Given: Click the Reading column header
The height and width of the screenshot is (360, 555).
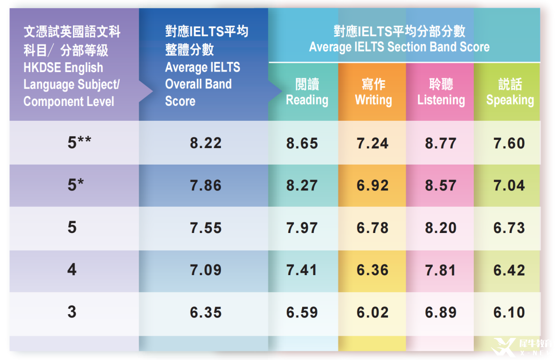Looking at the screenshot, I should pyautogui.click(x=307, y=93).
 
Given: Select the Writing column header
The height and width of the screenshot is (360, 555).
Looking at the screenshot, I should pyautogui.click(x=373, y=93).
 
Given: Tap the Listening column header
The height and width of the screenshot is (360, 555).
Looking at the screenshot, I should pyautogui.click(x=441, y=93).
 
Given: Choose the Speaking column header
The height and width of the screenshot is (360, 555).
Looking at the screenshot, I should pyautogui.click(x=510, y=93).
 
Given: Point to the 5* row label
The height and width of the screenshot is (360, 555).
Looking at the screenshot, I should pyautogui.click(x=75, y=185).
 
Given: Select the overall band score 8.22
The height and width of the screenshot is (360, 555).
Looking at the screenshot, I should pyautogui.click(x=206, y=143).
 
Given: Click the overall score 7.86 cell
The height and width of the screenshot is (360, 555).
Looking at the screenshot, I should pyautogui.click(x=206, y=185).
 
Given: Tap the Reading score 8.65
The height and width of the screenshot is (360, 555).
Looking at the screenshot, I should pyautogui.click(x=302, y=143).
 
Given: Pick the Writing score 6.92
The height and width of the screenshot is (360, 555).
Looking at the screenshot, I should pyautogui.click(x=373, y=185).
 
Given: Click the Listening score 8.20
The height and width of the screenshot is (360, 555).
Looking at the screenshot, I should pyautogui.click(x=441, y=228).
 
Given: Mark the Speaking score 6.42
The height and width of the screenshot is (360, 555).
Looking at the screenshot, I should pyautogui.click(x=509, y=270).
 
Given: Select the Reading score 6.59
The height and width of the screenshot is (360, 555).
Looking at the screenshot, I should pyautogui.click(x=302, y=312).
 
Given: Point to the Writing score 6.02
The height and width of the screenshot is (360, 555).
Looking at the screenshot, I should pyautogui.click(x=373, y=312).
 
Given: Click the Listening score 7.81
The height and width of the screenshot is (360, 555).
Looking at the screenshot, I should pyautogui.click(x=441, y=270).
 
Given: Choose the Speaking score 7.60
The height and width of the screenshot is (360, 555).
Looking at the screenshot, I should pyautogui.click(x=509, y=143).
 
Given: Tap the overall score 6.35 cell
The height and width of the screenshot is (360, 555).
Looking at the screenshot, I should pyautogui.click(x=206, y=312).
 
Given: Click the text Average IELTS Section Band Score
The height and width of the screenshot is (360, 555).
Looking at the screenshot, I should pyautogui.click(x=399, y=47).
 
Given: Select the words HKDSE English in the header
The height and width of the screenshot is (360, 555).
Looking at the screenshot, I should pyautogui.click(x=63, y=68).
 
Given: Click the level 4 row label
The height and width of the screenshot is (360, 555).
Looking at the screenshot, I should pyautogui.click(x=72, y=270).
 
